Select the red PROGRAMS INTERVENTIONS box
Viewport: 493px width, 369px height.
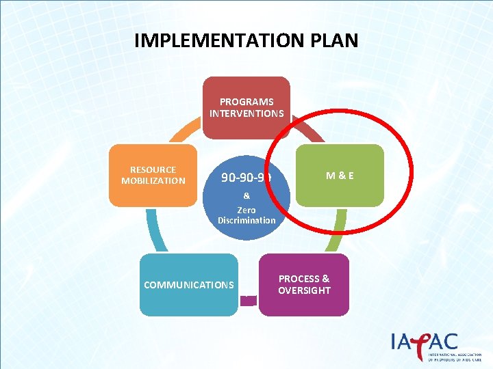[x=246, y=107]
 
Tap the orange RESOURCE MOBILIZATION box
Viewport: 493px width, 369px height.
[x=153, y=175]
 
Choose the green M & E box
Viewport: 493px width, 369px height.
[x=340, y=175]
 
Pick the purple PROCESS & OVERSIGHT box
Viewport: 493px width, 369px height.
[x=304, y=284]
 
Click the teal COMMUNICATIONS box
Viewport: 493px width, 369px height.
[x=189, y=284]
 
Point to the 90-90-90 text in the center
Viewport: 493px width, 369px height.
[x=246, y=178]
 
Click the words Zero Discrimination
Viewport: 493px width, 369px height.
[x=246, y=215]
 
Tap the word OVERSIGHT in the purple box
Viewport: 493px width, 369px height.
[x=304, y=290]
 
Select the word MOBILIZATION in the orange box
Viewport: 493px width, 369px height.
[x=153, y=180]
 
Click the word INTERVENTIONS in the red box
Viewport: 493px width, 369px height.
[x=246, y=113]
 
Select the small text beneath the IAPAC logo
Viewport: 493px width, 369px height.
[x=453, y=357]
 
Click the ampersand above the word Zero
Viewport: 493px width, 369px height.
[x=246, y=195]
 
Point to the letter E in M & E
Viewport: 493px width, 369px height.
[x=350, y=175]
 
